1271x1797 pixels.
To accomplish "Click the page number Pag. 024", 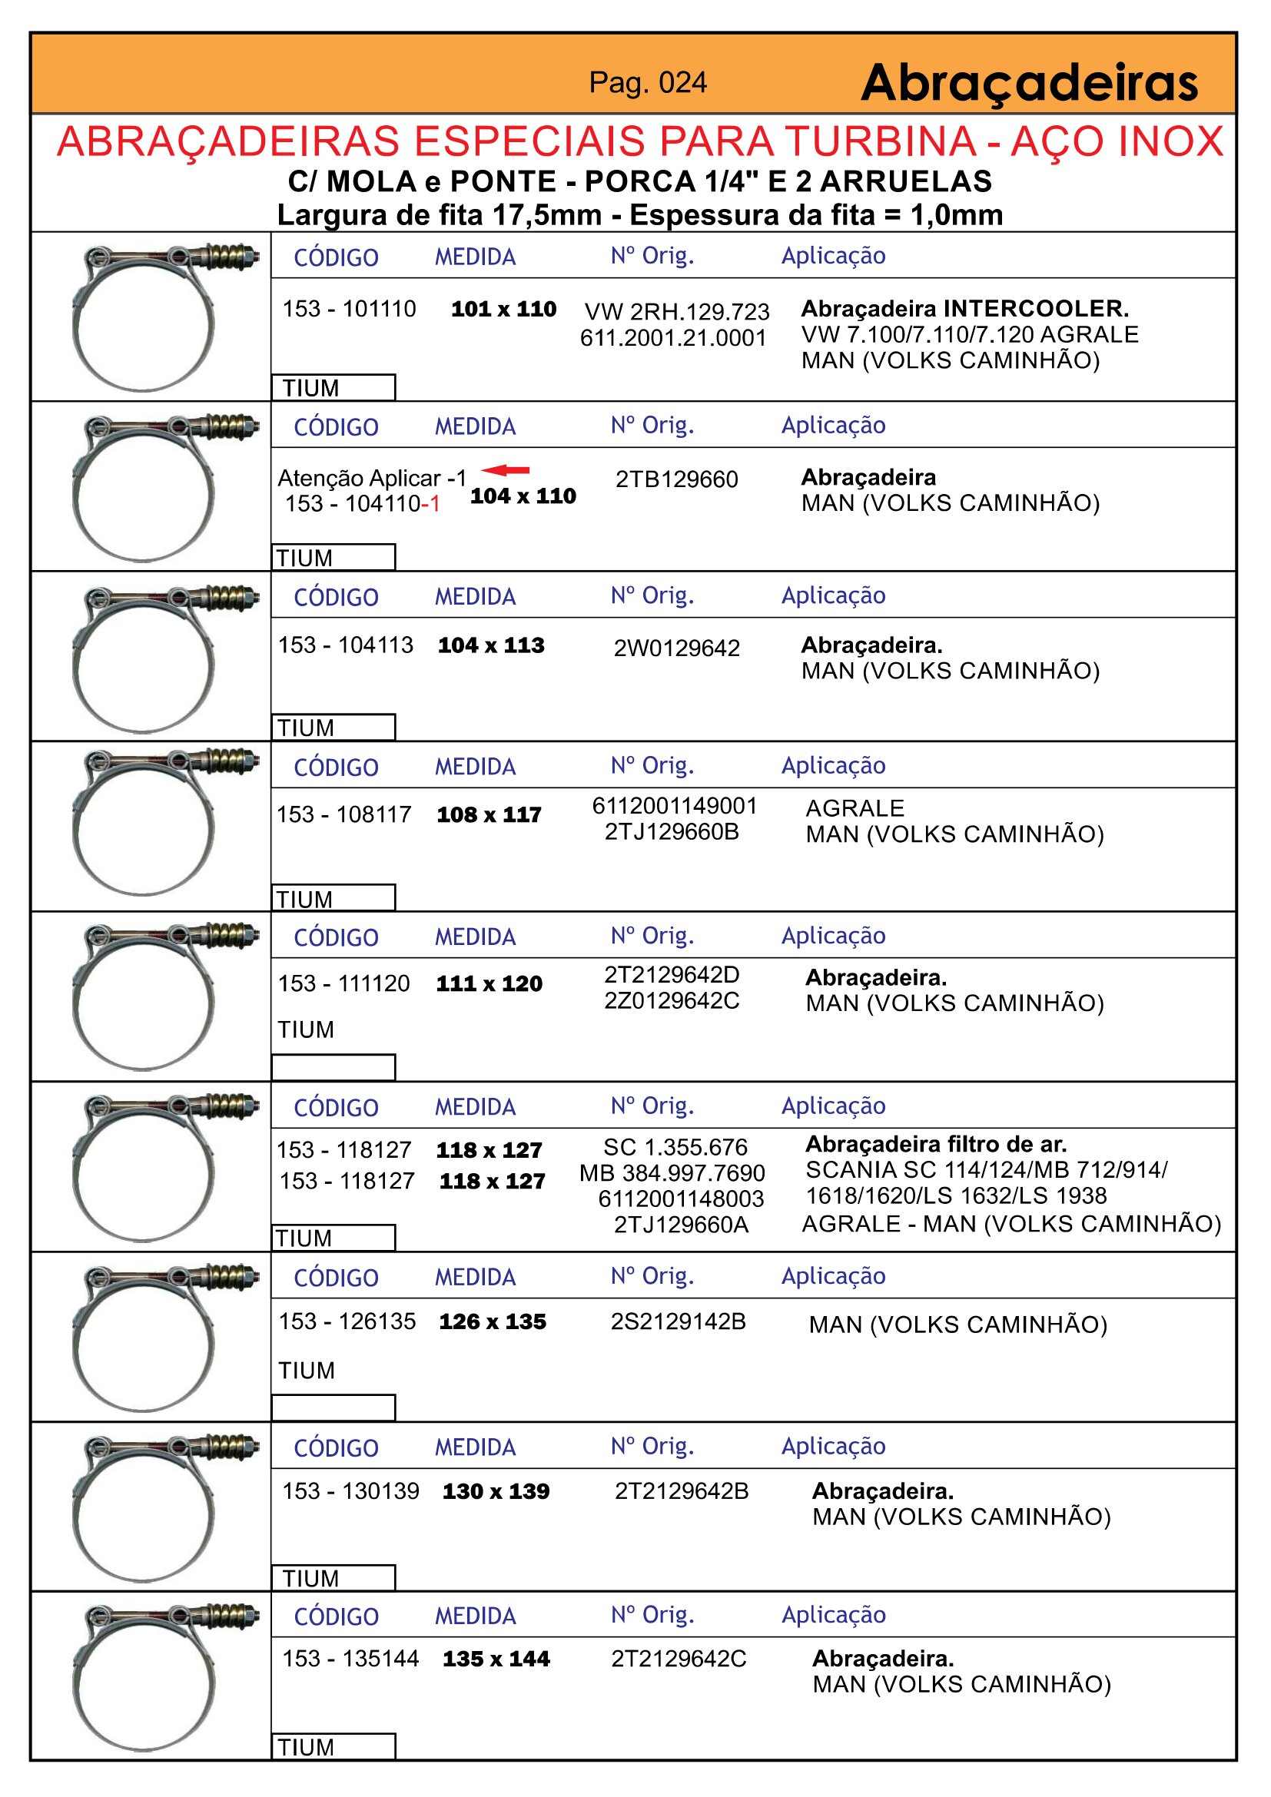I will click(647, 82).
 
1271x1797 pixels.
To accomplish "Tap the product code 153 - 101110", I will click(349, 308).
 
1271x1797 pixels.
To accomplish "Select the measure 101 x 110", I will click(503, 308).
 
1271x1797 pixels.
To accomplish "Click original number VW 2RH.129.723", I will click(676, 311).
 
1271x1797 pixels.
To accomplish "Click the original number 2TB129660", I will click(676, 479).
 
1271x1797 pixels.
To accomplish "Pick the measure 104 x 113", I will click(491, 645).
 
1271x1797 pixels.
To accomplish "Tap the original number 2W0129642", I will click(676, 648).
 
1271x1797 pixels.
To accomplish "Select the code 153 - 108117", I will click(343, 814).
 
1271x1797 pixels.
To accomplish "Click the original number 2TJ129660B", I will click(672, 832).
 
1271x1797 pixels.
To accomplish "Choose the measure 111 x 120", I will click(489, 984).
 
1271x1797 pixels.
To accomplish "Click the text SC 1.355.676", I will click(675, 1147).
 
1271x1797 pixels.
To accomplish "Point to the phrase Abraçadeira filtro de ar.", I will click(936, 1144).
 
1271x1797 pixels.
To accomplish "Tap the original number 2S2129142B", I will click(678, 1321).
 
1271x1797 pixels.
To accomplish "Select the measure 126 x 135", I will click(493, 1322).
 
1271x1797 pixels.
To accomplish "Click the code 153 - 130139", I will click(350, 1491).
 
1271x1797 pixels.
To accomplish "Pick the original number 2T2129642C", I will click(679, 1659).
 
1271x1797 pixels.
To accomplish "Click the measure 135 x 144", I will click(496, 1659).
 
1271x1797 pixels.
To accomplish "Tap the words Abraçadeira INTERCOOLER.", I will click(964, 308).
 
